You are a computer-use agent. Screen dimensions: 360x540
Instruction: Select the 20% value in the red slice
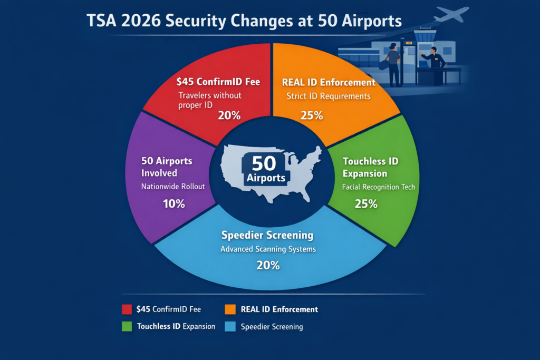click(x=229, y=115)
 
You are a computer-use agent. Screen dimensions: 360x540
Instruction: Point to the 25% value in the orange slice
click(x=311, y=115)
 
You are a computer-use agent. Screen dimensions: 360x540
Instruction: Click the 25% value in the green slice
click(x=366, y=203)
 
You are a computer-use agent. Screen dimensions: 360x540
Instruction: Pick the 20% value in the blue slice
click(x=267, y=265)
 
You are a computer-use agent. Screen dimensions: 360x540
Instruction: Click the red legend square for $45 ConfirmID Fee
click(x=127, y=309)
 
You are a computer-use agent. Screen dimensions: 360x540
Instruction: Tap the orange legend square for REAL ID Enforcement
click(x=229, y=309)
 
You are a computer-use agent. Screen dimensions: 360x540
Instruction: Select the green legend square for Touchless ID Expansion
click(x=127, y=326)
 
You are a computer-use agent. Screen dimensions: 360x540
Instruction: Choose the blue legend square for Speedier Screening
click(x=229, y=326)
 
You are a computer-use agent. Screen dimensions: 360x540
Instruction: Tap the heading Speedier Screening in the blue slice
click(x=267, y=235)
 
